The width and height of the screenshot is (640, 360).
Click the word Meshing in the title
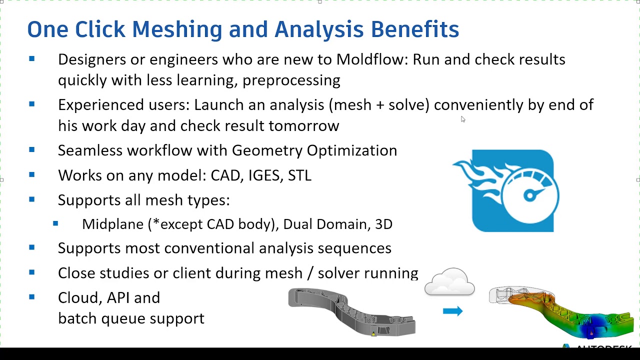(176, 29)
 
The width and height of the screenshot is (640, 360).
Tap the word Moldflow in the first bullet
(371, 59)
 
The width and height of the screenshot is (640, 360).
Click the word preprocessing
(291, 80)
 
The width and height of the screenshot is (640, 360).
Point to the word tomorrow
(303, 125)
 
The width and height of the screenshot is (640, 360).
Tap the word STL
(299, 175)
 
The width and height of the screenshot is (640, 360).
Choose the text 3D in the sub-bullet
(383, 224)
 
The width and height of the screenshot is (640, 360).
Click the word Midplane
(112, 224)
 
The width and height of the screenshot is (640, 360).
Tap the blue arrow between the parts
(452, 311)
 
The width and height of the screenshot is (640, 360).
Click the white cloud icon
(449, 282)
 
